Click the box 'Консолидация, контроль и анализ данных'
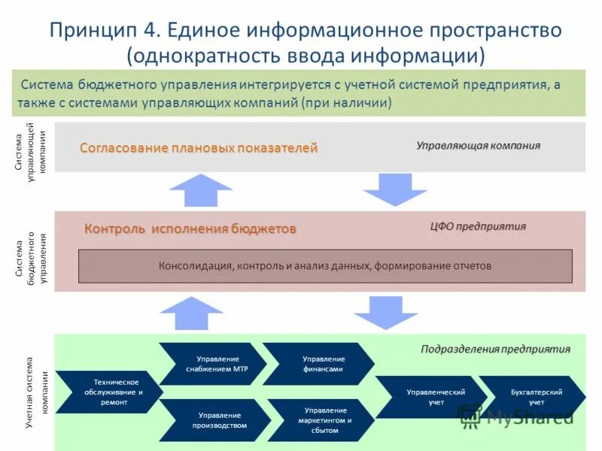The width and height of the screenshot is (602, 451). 325,265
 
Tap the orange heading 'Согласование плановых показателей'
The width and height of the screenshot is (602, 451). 199,148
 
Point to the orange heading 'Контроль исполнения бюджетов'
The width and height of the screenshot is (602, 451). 190,229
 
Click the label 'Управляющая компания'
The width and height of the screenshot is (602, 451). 479,145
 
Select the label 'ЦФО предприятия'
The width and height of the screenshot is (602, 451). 478,226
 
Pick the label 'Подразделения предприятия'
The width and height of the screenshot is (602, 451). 495,349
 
